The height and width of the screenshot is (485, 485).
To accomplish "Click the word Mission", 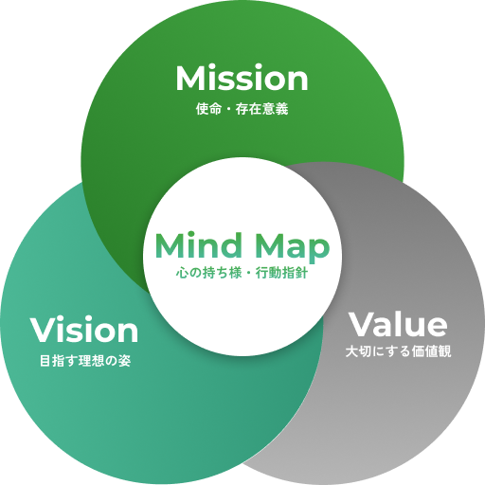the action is (x=242, y=78).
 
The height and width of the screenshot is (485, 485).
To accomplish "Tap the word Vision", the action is (x=84, y=330).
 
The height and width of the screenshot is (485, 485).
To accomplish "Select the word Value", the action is (x=398, y=324).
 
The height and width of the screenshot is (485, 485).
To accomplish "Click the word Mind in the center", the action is (x=198, y=245).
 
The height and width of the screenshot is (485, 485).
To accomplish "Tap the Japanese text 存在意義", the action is (x=261, y=109).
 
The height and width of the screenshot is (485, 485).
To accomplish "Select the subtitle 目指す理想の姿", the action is (x=85, y=361).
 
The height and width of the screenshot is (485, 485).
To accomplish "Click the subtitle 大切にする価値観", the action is (x=399, y=351).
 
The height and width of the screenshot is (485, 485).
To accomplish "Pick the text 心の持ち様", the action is (x=208, y=273).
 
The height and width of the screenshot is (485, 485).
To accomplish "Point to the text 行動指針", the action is (x=281, y=273).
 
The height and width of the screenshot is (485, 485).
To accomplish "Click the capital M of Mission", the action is (x=189, y=78).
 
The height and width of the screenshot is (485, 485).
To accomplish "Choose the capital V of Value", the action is (x=361, y=325).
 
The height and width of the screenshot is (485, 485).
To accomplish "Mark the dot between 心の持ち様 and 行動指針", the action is (x=248, y=273).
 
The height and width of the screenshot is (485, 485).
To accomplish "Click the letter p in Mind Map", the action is (x=319, y=252).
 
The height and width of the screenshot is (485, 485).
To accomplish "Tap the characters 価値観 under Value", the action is (x=432, y=351).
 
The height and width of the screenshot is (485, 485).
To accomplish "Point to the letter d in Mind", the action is (x=230, y=245).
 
